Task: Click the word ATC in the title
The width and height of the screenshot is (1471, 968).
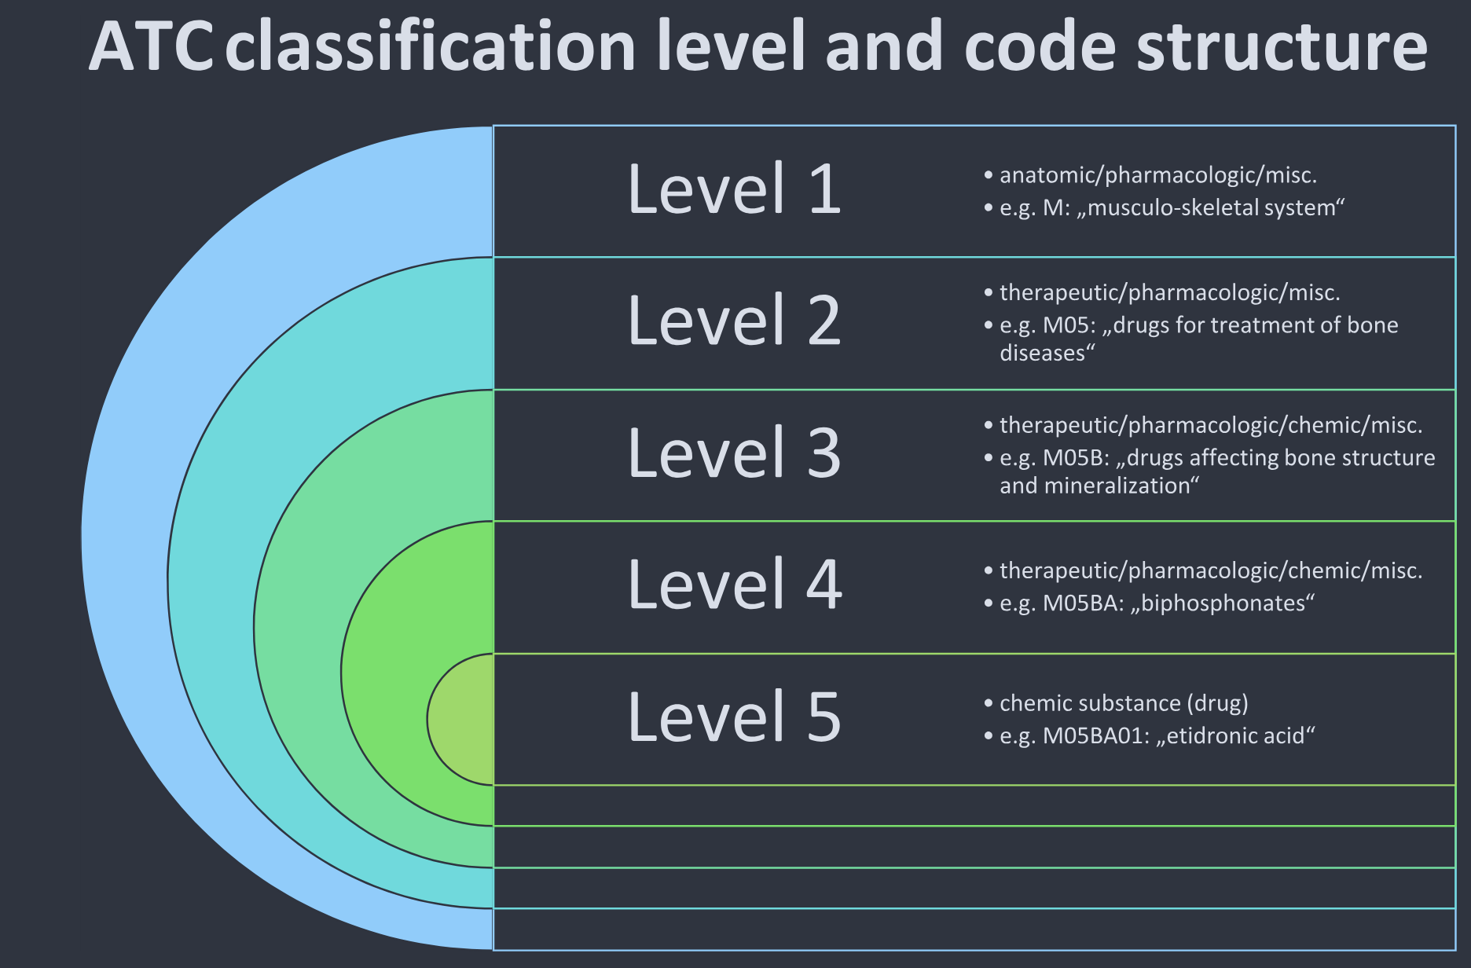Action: (x=150, y=47)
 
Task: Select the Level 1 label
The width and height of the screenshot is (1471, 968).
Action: (x=734, y=189)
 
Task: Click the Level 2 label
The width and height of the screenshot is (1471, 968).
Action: (x=734, y=321)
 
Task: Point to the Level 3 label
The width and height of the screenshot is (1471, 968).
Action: (x=734, y=453)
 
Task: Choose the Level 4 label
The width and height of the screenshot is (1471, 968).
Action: (x=734, y=585)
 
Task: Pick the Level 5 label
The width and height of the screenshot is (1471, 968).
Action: (x=734, y=717)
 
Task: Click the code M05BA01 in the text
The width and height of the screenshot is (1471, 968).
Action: (x=1094, y=736)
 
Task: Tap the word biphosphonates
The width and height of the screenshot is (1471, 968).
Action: (x=1223, y=603)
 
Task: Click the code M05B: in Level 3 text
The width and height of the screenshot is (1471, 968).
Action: (x=1076, y=458)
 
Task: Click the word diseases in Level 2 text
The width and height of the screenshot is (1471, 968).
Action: (x=1042, y=354)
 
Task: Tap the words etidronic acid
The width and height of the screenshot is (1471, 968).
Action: (x=1236, y=736)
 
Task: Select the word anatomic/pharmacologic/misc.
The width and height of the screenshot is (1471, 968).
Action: (x=1157, y=175)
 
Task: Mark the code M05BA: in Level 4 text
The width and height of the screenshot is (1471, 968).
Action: (x=1083, y=603)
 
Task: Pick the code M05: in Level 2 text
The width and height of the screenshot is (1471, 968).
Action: (x=1069, y=325)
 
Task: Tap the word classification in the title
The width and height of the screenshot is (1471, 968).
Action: (x=431, y=47)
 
